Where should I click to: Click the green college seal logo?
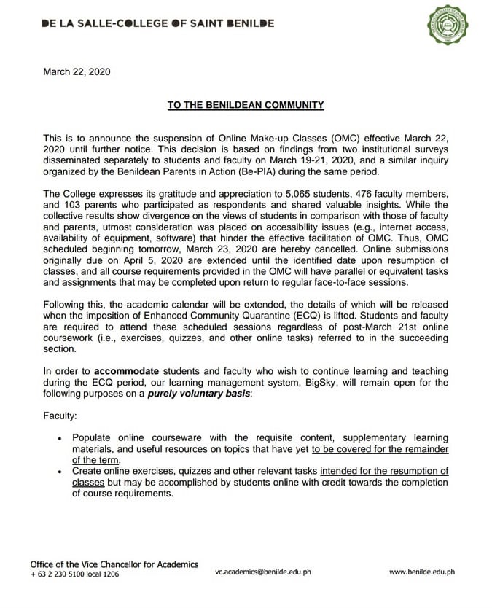click(447, 24)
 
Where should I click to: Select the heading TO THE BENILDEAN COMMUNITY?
click(246, 105)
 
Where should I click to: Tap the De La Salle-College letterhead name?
click(158, 23)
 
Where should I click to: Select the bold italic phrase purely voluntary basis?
click(198, 394)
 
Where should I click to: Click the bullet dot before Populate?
click(60, 439)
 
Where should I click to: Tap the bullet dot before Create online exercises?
click(60, 472)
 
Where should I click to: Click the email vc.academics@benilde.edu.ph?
click(262, 572)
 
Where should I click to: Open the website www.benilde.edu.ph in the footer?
click(421, 572)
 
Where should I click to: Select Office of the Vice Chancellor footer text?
click(114, 564)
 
